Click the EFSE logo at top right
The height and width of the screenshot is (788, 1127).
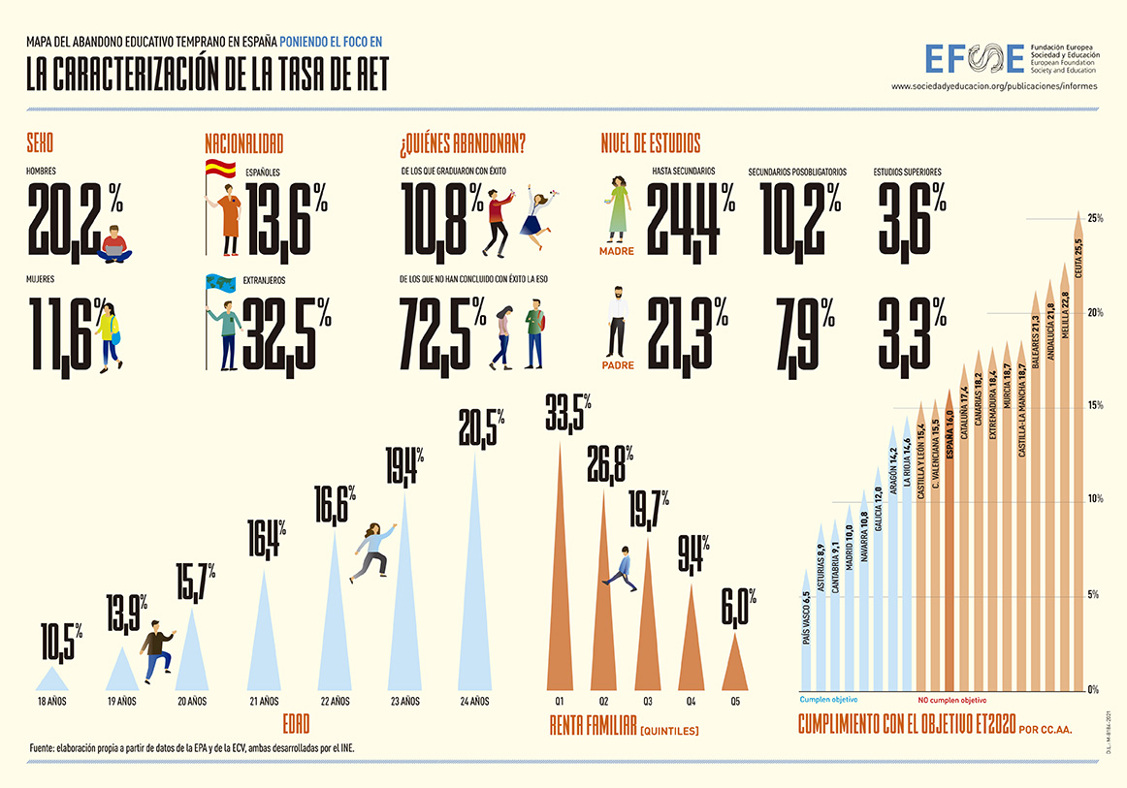point(974,58)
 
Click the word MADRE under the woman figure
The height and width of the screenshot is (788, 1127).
point(617,251)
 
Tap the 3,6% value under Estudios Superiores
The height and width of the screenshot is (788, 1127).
point(911,217)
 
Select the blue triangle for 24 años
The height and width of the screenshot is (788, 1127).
point(474,582)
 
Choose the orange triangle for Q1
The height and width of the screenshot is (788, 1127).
point(560,582)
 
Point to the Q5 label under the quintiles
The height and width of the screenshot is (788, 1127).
point(735,701)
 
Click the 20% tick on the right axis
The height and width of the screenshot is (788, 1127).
point(1095,312)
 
